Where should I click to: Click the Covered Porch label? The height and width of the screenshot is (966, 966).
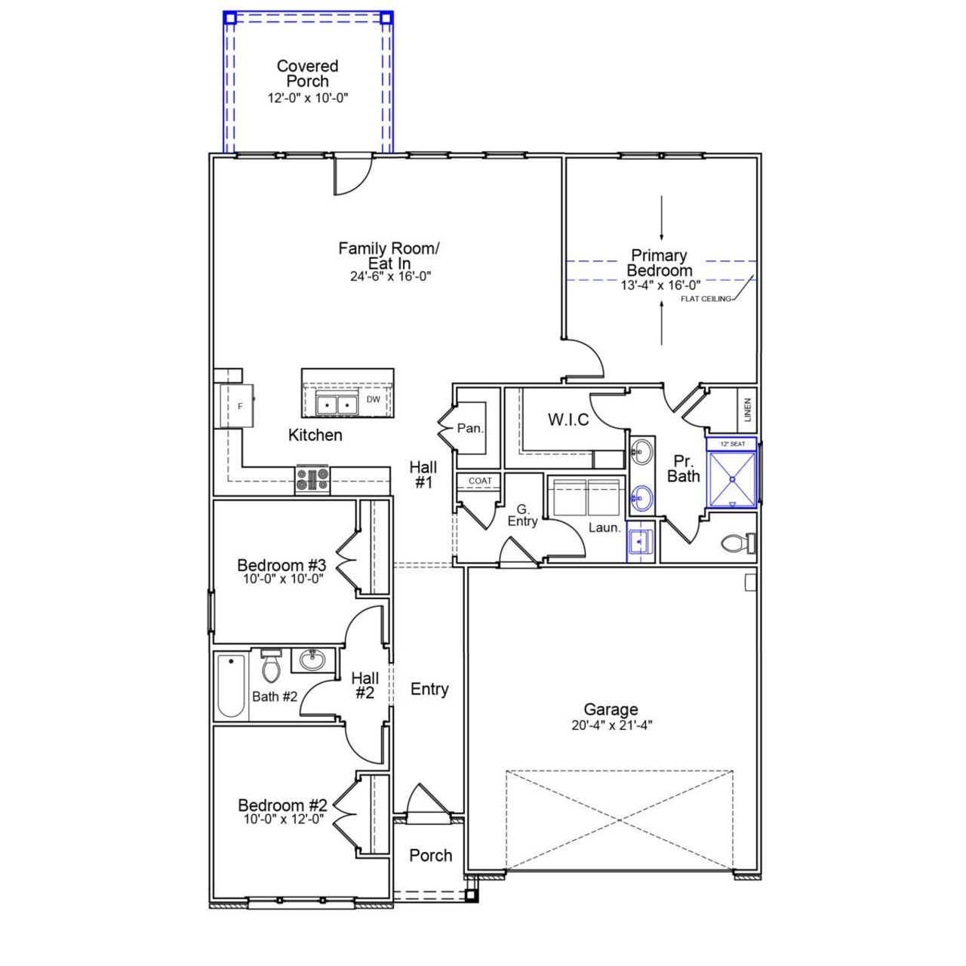(307, 74)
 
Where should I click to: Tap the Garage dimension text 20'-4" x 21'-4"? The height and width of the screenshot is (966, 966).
(611, 726)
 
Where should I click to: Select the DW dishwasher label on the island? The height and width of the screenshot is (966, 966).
(374, 400)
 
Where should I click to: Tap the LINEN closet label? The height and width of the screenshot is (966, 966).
(747, 409)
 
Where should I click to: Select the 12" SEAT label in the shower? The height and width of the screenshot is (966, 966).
(732, 444)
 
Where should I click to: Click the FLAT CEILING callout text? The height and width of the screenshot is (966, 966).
(706, 299)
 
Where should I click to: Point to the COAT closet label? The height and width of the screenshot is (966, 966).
(480, 481)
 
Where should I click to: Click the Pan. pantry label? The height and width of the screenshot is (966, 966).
(470, 428)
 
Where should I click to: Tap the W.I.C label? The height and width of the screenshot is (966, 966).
(568, 420)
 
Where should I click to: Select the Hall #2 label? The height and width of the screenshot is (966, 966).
(365, 685)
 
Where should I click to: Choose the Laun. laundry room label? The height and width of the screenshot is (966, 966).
(605, 528)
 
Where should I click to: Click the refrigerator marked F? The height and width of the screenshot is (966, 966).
(241, 406)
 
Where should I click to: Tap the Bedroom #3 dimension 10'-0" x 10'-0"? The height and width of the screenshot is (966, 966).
(283, 579)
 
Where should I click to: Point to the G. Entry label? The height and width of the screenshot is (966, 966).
(522, 515)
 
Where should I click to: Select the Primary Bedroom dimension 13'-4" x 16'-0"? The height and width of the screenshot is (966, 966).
(660, 285)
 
